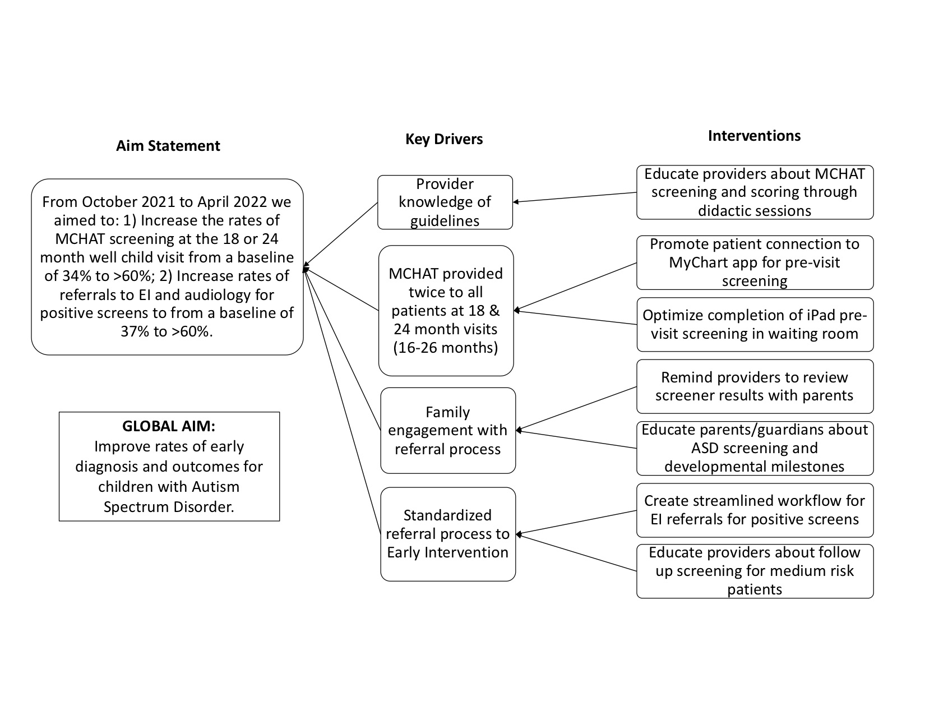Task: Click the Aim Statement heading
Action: (x=168, y=146)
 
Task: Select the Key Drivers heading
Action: (x=444, y=139)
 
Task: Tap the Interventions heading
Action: (x=755, y=135)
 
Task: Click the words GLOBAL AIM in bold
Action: (x=169, y=426)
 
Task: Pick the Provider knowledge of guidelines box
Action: (x=445, y=202)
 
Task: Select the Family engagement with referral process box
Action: (x=448, y=431)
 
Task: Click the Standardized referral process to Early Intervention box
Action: (x=448, y=534)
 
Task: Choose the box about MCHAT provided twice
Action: (x=446, y=311)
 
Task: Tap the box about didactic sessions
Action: (x=755, y=192)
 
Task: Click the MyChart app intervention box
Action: (x=755, y=263)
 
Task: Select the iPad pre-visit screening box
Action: (x=755, y=325)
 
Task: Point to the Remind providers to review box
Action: (x=755, y=387)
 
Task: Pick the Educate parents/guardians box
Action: (x=755, y=449)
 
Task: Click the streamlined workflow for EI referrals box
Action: (x=755, y=510)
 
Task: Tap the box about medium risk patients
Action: (x=755, y=571)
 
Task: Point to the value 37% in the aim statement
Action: (x=135, y=331)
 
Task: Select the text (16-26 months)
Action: (x=445, y=348)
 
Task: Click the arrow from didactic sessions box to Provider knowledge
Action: (x=575, y=197)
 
